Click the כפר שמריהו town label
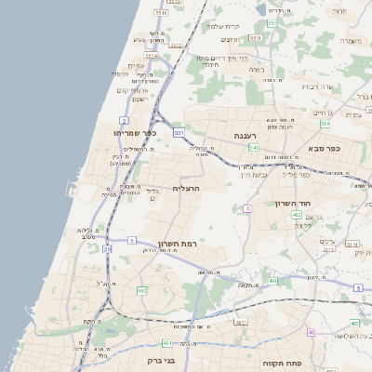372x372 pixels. point(132,133)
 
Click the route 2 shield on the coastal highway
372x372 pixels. point(124,121)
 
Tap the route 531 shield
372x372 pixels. point(179,133)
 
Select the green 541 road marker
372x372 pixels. point(253,147)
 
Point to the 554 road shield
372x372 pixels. point(325,123)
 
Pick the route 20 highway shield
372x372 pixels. point(108,249)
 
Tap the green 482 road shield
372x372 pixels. point(142,291)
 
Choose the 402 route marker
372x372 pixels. point(297,216)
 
